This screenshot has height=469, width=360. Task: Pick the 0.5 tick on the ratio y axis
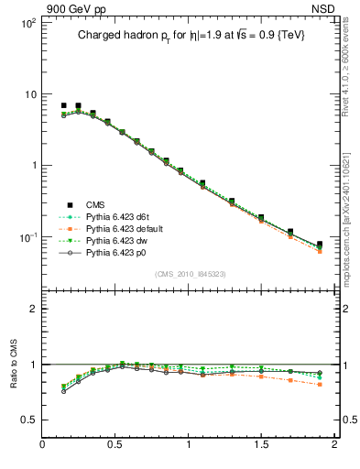tap(29, 420)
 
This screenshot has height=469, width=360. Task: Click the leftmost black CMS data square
tap(63, 106)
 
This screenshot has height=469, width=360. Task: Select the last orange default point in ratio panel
tap(320, 385)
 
